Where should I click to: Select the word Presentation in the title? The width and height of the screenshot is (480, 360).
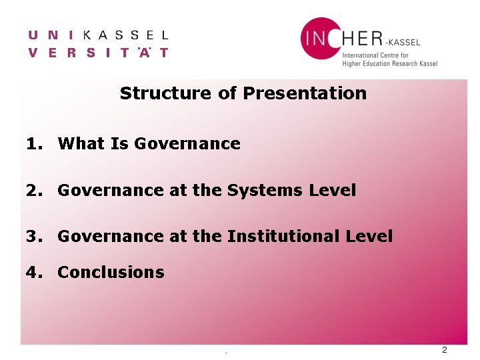305,93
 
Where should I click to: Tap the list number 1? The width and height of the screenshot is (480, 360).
33,143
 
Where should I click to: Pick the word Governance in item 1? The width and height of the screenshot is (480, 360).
187,143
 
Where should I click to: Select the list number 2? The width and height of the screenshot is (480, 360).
33,190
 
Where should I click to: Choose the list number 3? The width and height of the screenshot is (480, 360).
33,236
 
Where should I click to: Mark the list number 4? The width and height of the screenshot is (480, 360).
33,272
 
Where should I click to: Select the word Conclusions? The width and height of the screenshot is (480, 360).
111,272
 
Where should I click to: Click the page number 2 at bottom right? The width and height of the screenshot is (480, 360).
445,351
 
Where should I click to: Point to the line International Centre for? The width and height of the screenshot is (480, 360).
379,55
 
